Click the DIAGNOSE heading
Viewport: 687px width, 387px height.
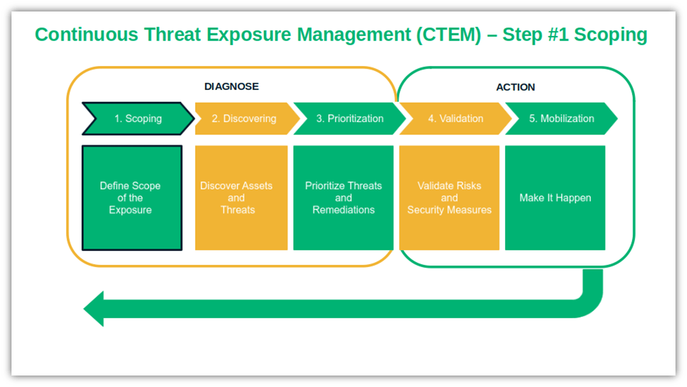pos(231,87)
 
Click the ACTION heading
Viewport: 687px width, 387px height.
pos(515,87)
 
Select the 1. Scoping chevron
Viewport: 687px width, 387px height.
pos(138,119)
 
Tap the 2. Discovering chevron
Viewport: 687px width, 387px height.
pos(244,119)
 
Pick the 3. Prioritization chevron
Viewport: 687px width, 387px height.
pos(349,119)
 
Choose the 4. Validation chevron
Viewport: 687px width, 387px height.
pos(455,119)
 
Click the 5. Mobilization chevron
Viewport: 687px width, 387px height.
pos(561,119)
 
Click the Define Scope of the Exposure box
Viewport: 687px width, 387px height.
pos(131,198)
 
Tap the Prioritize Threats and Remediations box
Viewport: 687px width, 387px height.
pos(343,198)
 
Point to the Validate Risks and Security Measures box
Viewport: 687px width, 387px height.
pos(449,198)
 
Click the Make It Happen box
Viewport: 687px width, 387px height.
pos(555,198)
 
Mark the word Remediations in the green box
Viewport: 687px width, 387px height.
pos(343,210)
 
